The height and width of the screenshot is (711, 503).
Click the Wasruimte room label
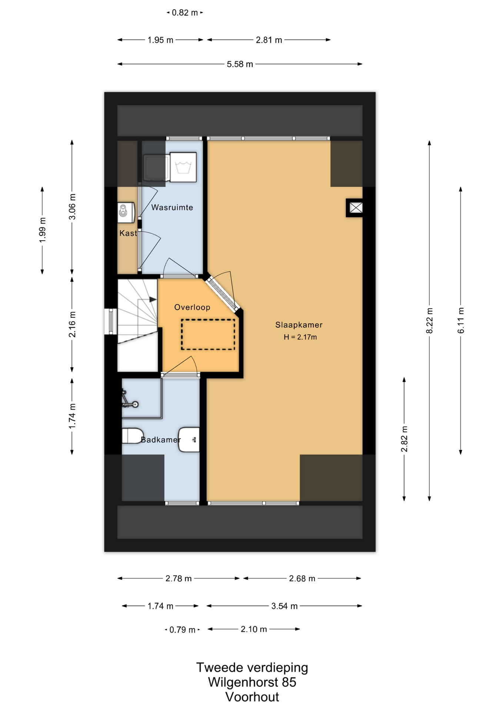click(172, 207)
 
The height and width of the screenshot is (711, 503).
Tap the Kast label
click(128, 233)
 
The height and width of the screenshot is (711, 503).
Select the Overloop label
click(192, 307)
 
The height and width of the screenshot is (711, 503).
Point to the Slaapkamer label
click(299, 325)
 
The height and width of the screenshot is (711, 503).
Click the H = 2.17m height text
click(300, 337)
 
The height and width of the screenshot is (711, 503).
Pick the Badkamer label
click(161, 440)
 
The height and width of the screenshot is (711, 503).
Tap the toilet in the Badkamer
click(133, 436)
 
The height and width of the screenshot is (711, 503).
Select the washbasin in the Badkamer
click(189, 440)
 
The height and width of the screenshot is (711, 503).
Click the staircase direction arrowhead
click(153, 300)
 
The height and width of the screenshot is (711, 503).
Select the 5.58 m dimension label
click(240, 64)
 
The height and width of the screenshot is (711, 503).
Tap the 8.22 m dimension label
click(430, 321)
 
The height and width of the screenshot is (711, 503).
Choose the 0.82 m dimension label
click(185, 13)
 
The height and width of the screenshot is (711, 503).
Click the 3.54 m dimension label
click(284, 606)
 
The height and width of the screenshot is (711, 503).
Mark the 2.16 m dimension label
click(72, 324)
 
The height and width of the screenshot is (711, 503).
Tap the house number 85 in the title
click(289, 682)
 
